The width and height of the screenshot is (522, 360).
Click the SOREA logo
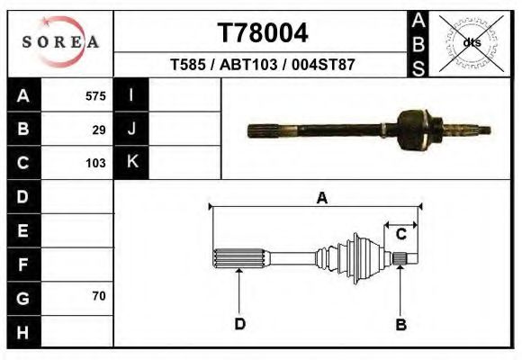point(60,42)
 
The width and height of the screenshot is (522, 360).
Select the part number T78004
point(264,33)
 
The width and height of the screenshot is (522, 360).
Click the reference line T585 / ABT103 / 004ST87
point(263,65)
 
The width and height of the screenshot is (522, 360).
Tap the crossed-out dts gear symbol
point(471,42)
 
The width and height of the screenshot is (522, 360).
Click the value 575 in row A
point(95,95)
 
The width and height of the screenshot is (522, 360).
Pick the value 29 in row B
point(99,130)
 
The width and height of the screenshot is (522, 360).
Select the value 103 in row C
point(95,164)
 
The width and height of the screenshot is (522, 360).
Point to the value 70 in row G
point(99,296)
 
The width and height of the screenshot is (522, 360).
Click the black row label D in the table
point(23,196)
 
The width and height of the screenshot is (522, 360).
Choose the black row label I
point(131,95)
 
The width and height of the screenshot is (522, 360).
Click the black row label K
point(131,163)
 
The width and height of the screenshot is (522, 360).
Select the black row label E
point(23,229)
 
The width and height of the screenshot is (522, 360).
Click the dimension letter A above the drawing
point(321,199)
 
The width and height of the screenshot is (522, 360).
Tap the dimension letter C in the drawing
point(402,234)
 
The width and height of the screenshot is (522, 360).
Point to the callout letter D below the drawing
point(240,323)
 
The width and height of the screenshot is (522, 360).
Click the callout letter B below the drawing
point(401,323)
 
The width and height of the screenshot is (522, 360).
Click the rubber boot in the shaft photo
point(415,128)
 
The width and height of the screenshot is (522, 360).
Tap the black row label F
point(23,264)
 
